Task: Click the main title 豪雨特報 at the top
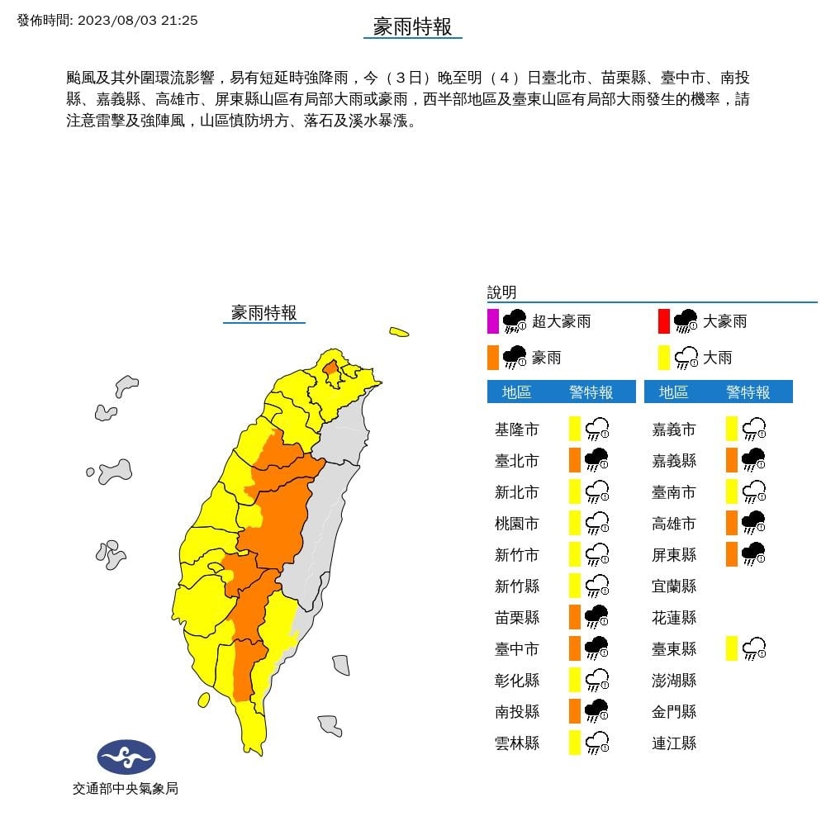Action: tap(412, 26)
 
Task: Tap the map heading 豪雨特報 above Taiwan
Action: tap(263, 312)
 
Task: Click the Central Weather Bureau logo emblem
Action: tap(126, 756)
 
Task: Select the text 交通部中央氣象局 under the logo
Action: tap(125, 789)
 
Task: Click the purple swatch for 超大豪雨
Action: tap(493, 320)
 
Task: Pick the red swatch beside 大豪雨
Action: tap(663, 320)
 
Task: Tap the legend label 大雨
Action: tap(717, 358)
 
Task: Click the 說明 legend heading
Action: tap(501, 292)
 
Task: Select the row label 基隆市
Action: tap(516, 430)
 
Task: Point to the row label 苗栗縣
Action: tap(516, 617)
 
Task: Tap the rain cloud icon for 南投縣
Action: tap(596, 711)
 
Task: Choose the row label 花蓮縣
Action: tap(673, 617)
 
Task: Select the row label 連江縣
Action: tap(673, 743)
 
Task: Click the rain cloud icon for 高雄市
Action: tap(753, 523)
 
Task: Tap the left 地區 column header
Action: tap(516, 392)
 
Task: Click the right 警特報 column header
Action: tap(748, 392)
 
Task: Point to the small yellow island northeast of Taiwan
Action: tap(399, 333)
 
